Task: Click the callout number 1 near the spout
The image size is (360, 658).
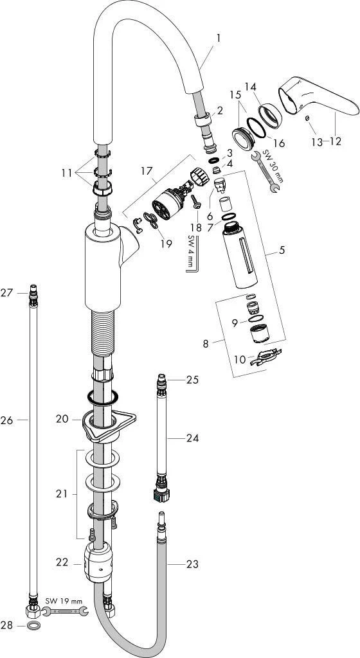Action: tap(218, 38)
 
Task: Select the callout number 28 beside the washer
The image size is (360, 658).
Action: tap(6, 625)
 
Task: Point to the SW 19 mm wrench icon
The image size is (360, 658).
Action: tap(65, 611)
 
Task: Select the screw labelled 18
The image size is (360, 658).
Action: tap(196, 201)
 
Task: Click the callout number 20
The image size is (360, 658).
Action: tap(62, 419)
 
